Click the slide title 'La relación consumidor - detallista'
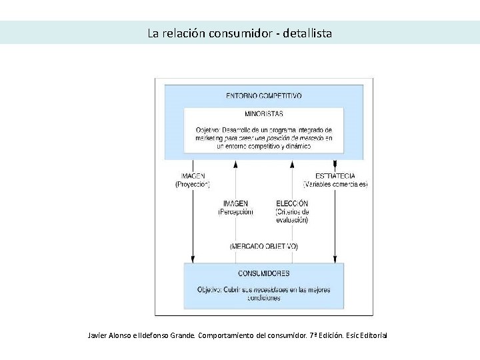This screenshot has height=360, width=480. coord(239,33)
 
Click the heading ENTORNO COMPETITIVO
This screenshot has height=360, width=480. coord(263,95)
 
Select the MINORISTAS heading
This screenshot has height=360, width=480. coord(263,114)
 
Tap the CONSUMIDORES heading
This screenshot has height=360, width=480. coord(263,273)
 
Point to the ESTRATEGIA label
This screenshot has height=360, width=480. coord(335,176)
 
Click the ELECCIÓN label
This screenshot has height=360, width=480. coord(292,203)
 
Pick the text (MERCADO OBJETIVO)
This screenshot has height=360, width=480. coord(264,246)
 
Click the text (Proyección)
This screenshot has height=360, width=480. coord(193,184)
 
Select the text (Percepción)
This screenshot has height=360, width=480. coord(236,211)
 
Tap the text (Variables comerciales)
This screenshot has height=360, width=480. coord(335,184)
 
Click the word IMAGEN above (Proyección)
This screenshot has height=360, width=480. coord(193,176)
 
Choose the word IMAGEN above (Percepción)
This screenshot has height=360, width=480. coord(236,203)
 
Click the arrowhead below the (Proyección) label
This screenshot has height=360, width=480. coord(193,258)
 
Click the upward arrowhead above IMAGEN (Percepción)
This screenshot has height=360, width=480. coord(236,164)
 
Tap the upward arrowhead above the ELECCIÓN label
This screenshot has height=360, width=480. coord(292,164)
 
